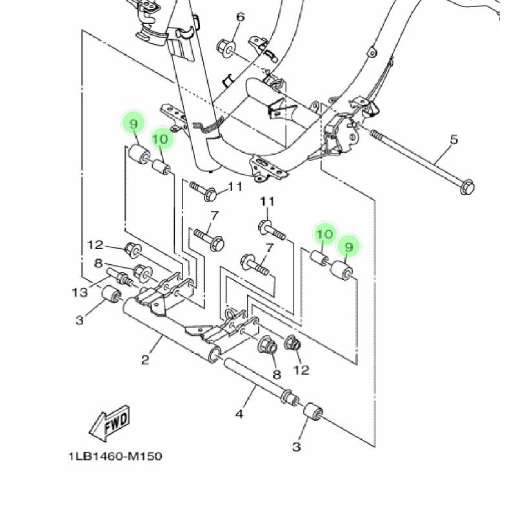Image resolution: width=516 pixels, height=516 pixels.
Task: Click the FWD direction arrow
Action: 110,423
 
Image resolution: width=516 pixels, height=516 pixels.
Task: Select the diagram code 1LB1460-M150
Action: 115,457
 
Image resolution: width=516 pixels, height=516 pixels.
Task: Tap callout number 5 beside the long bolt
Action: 454,139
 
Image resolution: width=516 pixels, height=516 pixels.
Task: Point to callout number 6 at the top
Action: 241,17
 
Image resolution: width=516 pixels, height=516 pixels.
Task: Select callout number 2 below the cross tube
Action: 146,360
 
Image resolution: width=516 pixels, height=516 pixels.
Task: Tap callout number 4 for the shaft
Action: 239,413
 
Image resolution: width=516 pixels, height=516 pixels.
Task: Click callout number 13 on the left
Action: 79,292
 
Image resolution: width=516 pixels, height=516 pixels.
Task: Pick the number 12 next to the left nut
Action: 95,245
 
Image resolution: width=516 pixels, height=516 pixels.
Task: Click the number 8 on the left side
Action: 98,264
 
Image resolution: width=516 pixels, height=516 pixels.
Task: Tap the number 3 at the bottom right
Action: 297,446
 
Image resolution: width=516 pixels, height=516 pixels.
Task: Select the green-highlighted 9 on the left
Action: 133,124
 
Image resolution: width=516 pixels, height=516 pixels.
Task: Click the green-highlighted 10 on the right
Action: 324,234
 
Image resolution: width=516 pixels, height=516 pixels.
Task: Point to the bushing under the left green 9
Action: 138,154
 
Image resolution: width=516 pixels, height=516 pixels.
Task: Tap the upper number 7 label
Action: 214,216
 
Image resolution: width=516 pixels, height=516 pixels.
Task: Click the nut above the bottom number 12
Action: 292,343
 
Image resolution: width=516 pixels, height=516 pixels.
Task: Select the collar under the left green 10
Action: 161,167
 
